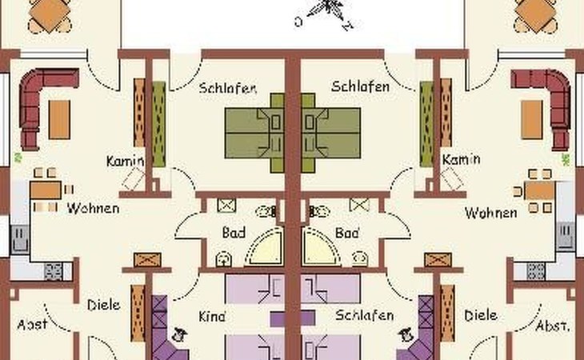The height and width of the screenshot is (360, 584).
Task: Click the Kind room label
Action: point(212,317)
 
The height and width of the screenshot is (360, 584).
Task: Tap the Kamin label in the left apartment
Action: point(125,161)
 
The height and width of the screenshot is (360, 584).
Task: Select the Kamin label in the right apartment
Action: point(461,159)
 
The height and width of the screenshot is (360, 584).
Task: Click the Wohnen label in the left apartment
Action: point(93,208)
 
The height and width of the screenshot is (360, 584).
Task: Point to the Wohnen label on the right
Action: point(491,213)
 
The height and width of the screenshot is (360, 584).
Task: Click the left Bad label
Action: point(234,233)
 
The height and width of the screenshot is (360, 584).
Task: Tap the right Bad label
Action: point(347,233)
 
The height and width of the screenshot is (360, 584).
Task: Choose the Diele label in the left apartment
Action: point(103,306)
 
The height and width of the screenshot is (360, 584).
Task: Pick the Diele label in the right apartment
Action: point(481,316)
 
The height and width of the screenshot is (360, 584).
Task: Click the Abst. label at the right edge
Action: point(553,326)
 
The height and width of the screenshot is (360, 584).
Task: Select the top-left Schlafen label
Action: point(227,88)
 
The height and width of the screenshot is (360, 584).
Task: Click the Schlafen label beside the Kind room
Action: point(364,315)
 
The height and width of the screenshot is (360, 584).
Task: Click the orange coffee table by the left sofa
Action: point(59,119)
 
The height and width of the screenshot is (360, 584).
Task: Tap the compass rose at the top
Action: point(327,12)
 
